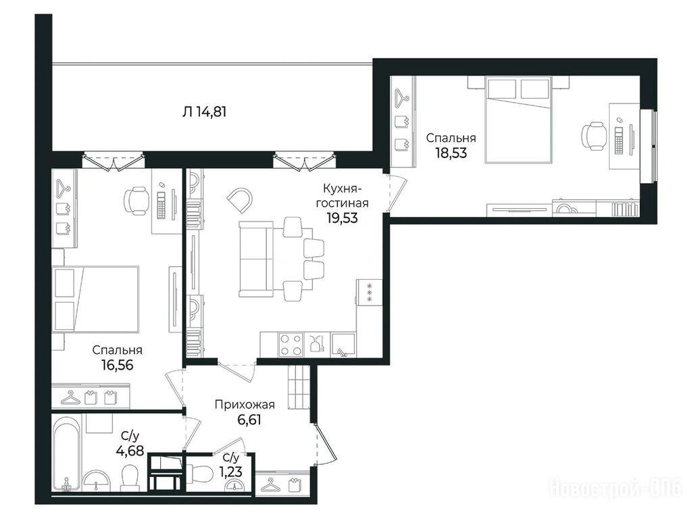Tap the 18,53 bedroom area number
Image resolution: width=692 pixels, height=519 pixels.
(451, 153)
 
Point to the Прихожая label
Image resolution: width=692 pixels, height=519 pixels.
(245, 405)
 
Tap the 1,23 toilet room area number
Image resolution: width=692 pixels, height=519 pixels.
(231, 472)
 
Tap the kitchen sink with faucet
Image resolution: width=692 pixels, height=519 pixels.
(343, 345)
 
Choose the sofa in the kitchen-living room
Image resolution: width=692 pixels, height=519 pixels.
(257, 259)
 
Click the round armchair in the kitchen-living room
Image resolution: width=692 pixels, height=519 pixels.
(240, 200)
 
